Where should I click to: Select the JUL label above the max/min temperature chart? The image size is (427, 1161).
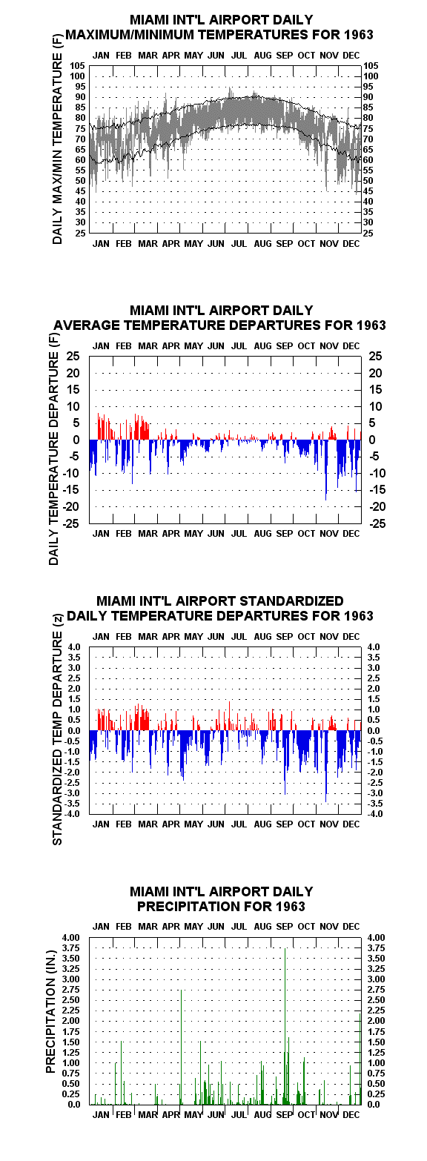tap(239, 56)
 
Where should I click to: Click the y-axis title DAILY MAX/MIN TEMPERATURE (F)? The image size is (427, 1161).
tap(57, 139)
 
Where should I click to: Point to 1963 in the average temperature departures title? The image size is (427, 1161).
tap(371, 325)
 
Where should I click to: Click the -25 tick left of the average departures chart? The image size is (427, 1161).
tap(73, 523)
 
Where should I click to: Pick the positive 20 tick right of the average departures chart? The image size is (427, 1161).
tap(375, 373)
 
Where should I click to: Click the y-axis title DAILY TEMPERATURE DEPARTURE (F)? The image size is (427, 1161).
tap(54, 449)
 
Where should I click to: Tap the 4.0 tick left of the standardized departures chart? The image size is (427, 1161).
tap(75, 646)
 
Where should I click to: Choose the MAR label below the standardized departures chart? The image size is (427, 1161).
tap(148, 824)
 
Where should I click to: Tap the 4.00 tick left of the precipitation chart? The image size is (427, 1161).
tap(71, 938)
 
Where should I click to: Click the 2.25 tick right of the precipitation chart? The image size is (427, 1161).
tap(376, 1010)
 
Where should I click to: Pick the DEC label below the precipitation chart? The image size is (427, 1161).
tap(351, 1115)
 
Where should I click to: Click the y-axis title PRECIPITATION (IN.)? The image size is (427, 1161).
tap(50, 1011)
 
